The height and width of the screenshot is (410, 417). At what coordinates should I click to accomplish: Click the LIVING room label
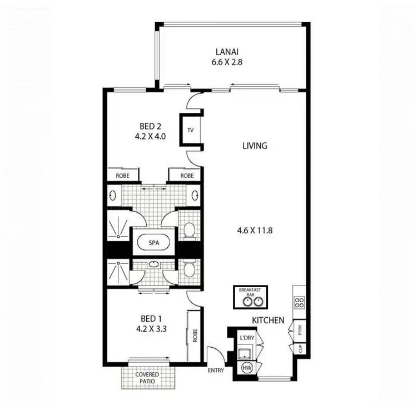255,146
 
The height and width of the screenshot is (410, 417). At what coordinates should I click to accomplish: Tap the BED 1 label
151,318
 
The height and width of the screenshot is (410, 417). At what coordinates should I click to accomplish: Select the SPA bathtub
154,243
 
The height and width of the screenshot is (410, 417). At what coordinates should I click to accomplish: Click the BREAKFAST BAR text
250,292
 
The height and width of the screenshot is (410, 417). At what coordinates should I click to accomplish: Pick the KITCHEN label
268,321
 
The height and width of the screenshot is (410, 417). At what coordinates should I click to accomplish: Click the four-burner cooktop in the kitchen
299,303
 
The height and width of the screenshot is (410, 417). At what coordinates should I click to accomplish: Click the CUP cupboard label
300,349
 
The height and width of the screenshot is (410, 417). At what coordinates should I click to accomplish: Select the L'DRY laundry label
246,338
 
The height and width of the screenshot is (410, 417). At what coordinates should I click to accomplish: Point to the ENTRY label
216,371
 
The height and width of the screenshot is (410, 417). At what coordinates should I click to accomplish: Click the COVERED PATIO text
147,378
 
